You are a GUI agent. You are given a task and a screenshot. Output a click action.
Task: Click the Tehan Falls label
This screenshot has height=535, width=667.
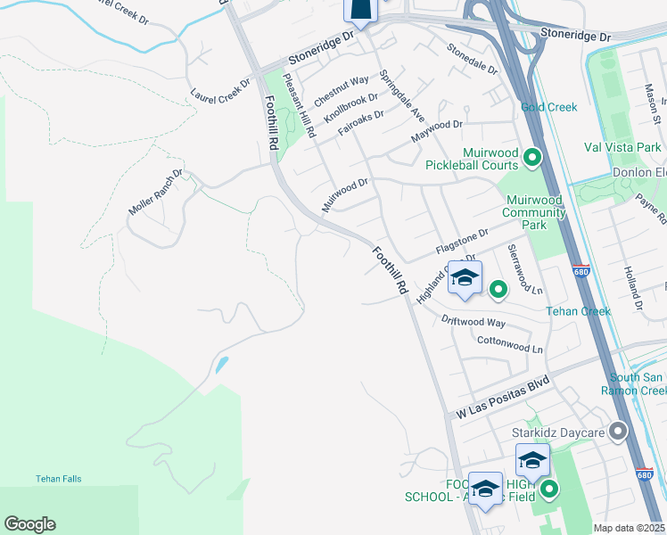(x=58, y=479)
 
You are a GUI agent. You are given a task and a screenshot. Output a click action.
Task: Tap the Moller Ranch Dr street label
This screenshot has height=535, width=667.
(x=155, y=193)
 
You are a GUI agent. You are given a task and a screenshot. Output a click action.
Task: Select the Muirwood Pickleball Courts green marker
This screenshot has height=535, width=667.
(x=533, y=159)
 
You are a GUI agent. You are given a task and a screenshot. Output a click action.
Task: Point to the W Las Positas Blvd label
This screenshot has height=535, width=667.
(x=501, y=399)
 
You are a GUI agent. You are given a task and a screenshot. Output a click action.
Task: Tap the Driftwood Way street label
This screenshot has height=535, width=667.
(x=473, y=321)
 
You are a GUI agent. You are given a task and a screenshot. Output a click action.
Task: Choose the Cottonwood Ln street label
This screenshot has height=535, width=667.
(x=510, y=344)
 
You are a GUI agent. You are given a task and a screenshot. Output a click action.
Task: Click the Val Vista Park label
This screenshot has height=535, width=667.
(x=628, y=147)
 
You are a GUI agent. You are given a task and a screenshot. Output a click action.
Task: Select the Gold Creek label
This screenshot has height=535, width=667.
(x=549, y=108)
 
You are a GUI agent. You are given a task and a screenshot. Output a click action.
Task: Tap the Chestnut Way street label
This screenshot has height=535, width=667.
(x=341, y=92)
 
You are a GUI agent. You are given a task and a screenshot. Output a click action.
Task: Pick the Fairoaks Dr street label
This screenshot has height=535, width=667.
(x=360, y=124)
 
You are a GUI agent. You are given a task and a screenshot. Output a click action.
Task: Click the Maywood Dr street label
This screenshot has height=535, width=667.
(x=437, y=131)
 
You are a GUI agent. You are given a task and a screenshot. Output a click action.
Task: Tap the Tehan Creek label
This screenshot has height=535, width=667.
(x=579, y=311)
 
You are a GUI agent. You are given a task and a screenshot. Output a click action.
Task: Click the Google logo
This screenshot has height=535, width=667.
(x=29, y=524)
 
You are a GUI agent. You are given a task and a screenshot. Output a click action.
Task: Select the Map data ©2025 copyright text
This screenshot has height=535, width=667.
(x=629, y=528)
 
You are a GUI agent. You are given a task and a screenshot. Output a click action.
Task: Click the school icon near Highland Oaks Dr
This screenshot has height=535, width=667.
(x=464, y=278)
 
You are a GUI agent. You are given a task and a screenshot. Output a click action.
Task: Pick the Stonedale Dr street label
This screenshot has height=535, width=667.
(x=472, y=60)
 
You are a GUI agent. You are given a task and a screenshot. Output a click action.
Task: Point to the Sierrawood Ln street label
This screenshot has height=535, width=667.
(x=525, y=269)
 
